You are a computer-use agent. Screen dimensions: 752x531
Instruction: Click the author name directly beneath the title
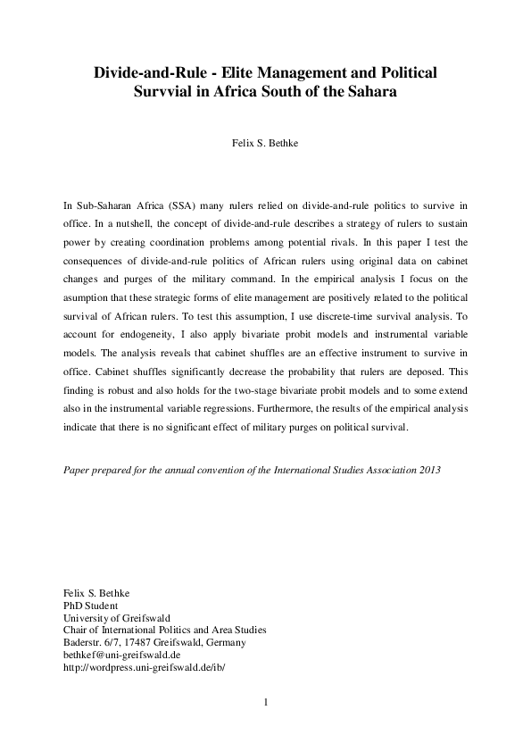[265, 141]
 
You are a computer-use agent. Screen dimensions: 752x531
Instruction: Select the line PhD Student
[91, 605]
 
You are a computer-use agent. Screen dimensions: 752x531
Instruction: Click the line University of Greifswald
[117, 617]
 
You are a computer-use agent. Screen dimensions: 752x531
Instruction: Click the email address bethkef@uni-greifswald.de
[122, 655]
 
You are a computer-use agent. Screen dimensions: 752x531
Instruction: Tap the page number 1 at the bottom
[266, 702]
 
